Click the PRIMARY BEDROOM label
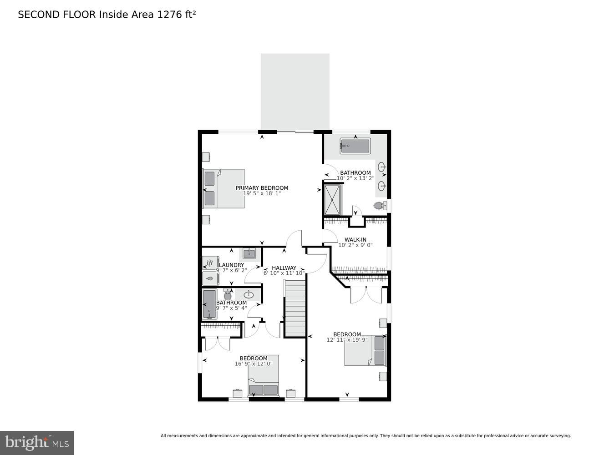coord(262,188)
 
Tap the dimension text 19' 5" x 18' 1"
coord(262,193)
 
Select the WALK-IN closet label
coord(355,240)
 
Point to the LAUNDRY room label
coord(232,265)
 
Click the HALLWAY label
coord(284,268)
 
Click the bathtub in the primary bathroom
coord(355,146)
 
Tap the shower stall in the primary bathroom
coord(332,199)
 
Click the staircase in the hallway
coord(295,308)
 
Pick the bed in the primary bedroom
coord(224,188)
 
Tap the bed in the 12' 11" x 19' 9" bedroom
coord(365,350)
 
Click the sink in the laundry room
coord(249,253)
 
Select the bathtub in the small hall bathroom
coord(209,304)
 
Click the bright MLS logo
coord(36,442)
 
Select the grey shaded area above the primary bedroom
coord(295,91)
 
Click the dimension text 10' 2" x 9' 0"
coord(355,245)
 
